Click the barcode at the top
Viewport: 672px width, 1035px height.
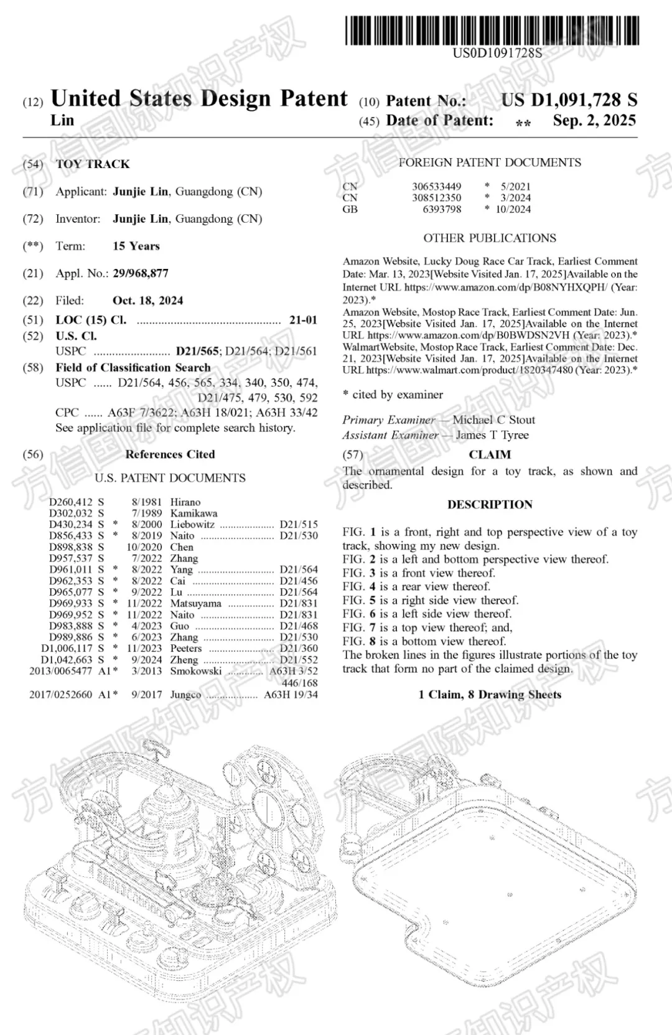tap(492, 30)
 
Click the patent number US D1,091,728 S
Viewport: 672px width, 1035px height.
tap(569, 100)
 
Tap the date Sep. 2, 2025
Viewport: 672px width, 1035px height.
tap(594, 121)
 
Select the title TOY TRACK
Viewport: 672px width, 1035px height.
tap(93, 164)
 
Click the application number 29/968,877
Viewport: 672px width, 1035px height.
tap(140, 273)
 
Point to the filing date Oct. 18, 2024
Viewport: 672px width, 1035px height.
tap(147, 301)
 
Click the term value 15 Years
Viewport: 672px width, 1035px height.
tap(136, 246)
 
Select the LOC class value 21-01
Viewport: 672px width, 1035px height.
tap(303, 320)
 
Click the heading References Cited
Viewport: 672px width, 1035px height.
tap(170, 454)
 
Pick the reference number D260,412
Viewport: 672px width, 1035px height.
tap(70, 502)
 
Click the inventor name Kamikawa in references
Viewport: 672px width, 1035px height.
tap(194, 513)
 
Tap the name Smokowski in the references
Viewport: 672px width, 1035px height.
tap(196, 671)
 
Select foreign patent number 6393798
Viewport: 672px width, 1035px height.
tap(442, 209)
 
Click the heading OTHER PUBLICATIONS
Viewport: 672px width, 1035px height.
tap(490, 238)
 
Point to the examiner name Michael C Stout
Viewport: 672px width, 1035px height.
tap(493, 420)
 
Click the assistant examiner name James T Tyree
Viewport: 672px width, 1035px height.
tap(492, 435)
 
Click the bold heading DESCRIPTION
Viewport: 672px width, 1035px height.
tap(490, 505)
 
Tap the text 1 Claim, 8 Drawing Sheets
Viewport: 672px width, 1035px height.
tap(490, 695)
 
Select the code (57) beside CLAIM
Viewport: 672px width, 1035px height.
tap(352, 455)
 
